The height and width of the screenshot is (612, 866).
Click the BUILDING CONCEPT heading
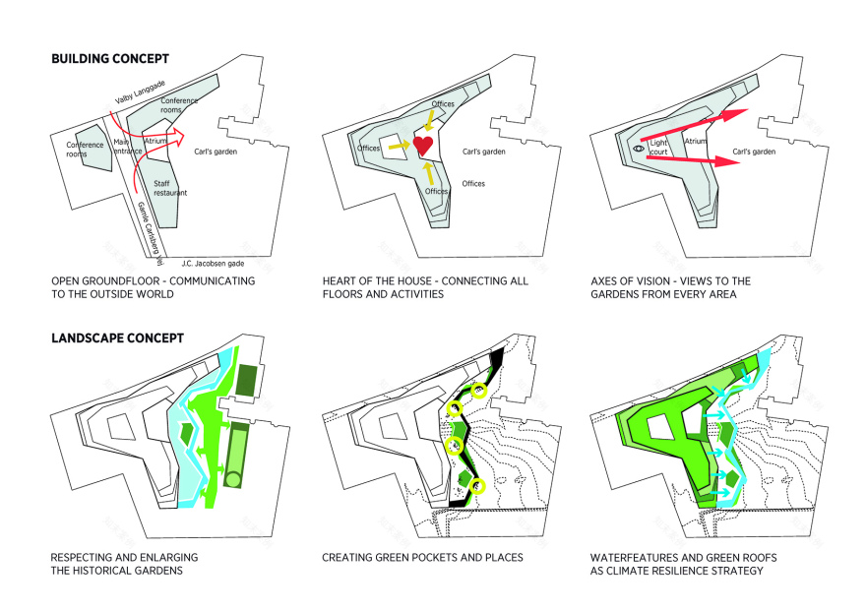click(109, 59)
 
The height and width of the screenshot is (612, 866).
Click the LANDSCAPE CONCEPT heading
click(116, 337)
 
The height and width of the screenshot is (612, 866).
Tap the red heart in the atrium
click(423, 147)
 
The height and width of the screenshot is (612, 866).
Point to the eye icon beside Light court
click(637, 151)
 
